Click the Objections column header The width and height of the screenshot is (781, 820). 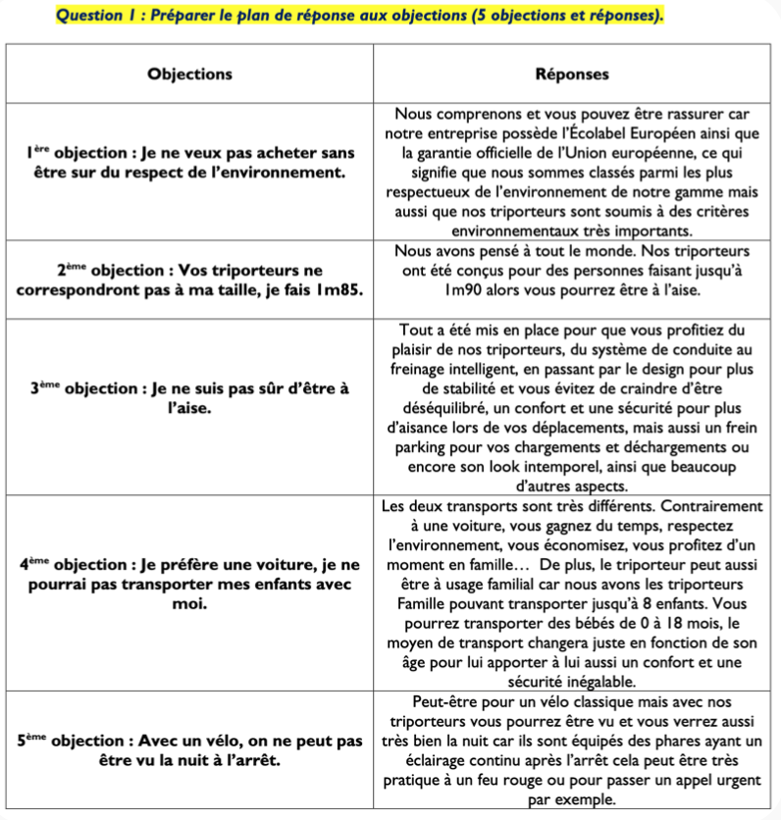tap(189, 74)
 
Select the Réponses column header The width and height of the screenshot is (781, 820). tap(572, 74)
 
